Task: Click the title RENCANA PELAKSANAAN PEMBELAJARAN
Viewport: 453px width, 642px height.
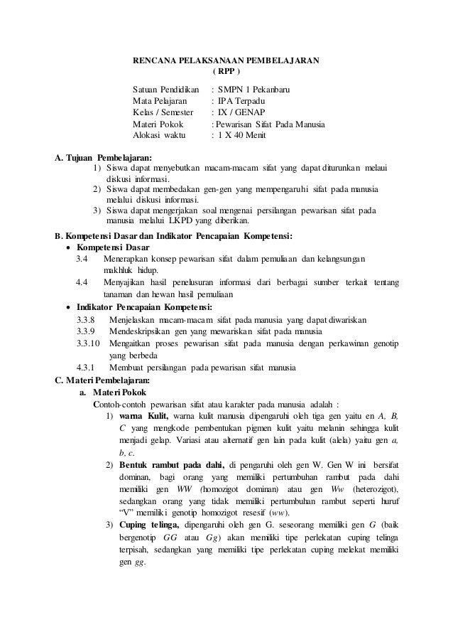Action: tap(226, 60)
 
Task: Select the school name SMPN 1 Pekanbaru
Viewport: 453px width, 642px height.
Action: tap(254, 91)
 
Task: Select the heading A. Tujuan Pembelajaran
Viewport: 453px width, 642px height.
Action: tap(104, 157)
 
